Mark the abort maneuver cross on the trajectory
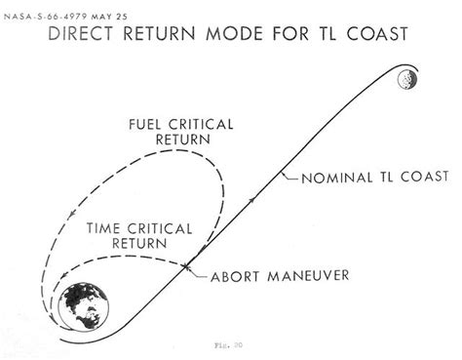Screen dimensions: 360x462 pos(185,264)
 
